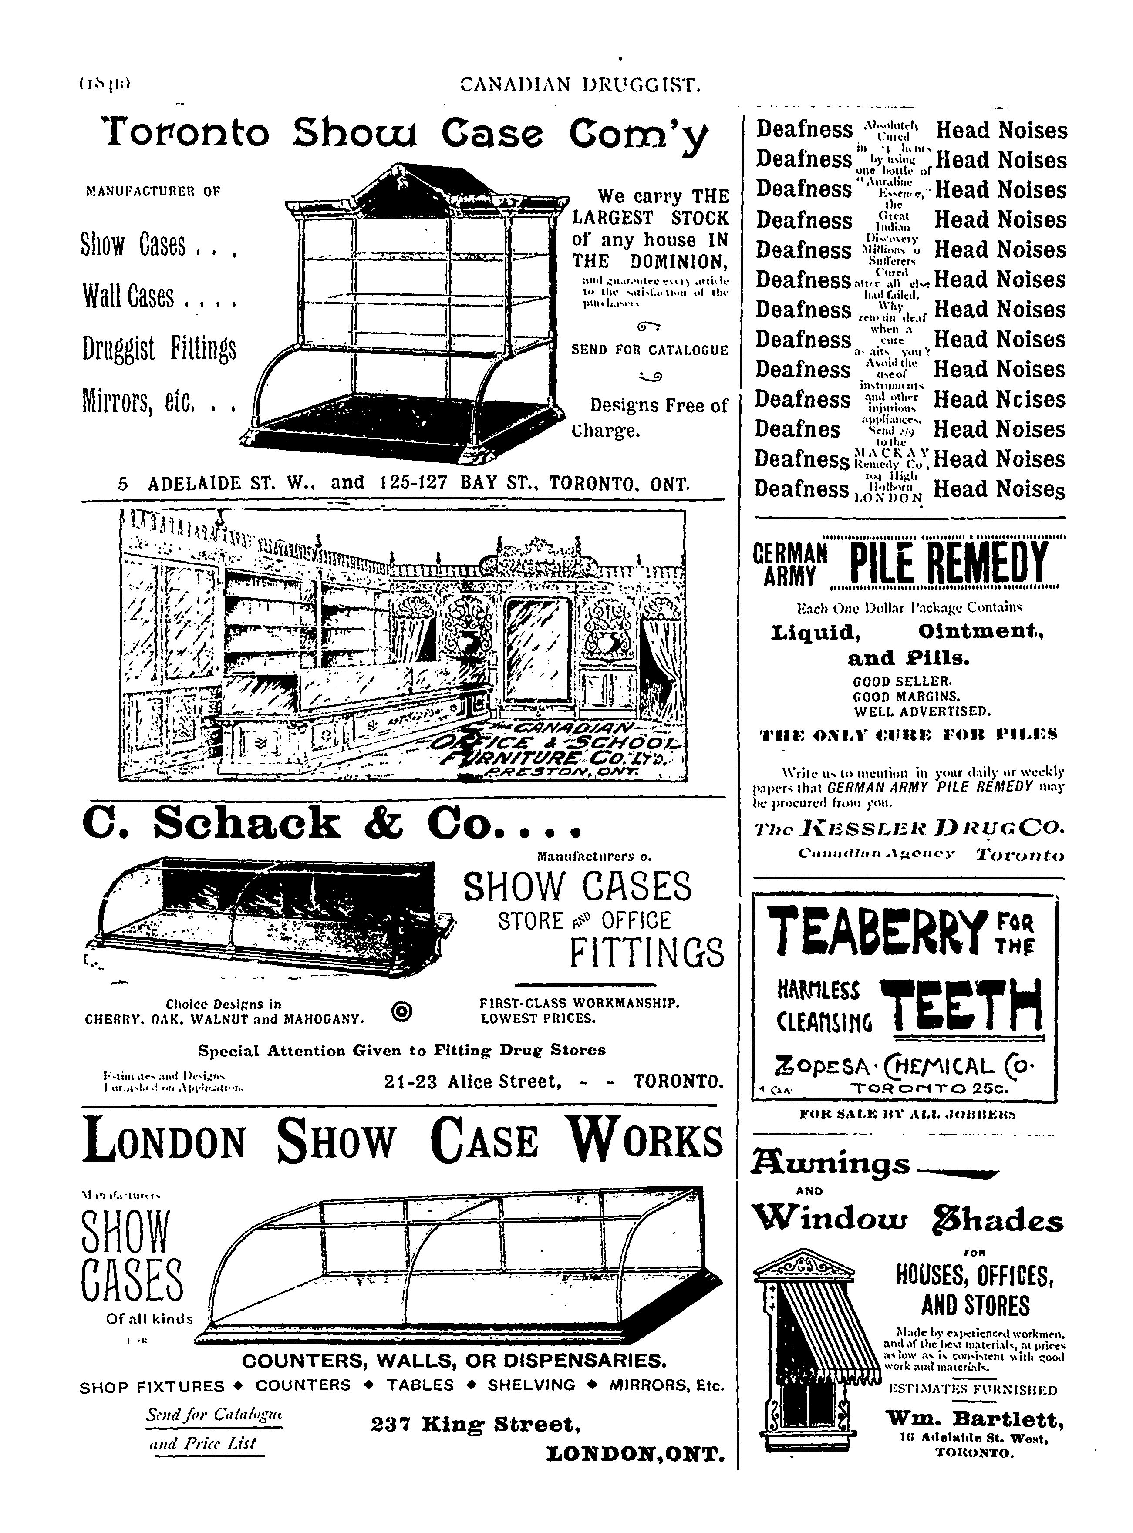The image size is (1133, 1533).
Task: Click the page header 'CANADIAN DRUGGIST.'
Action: (x=580, y=85)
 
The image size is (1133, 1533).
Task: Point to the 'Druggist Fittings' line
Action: (x=159, y=348)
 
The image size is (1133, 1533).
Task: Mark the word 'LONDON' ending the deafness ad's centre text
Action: (x=890, y=499)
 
